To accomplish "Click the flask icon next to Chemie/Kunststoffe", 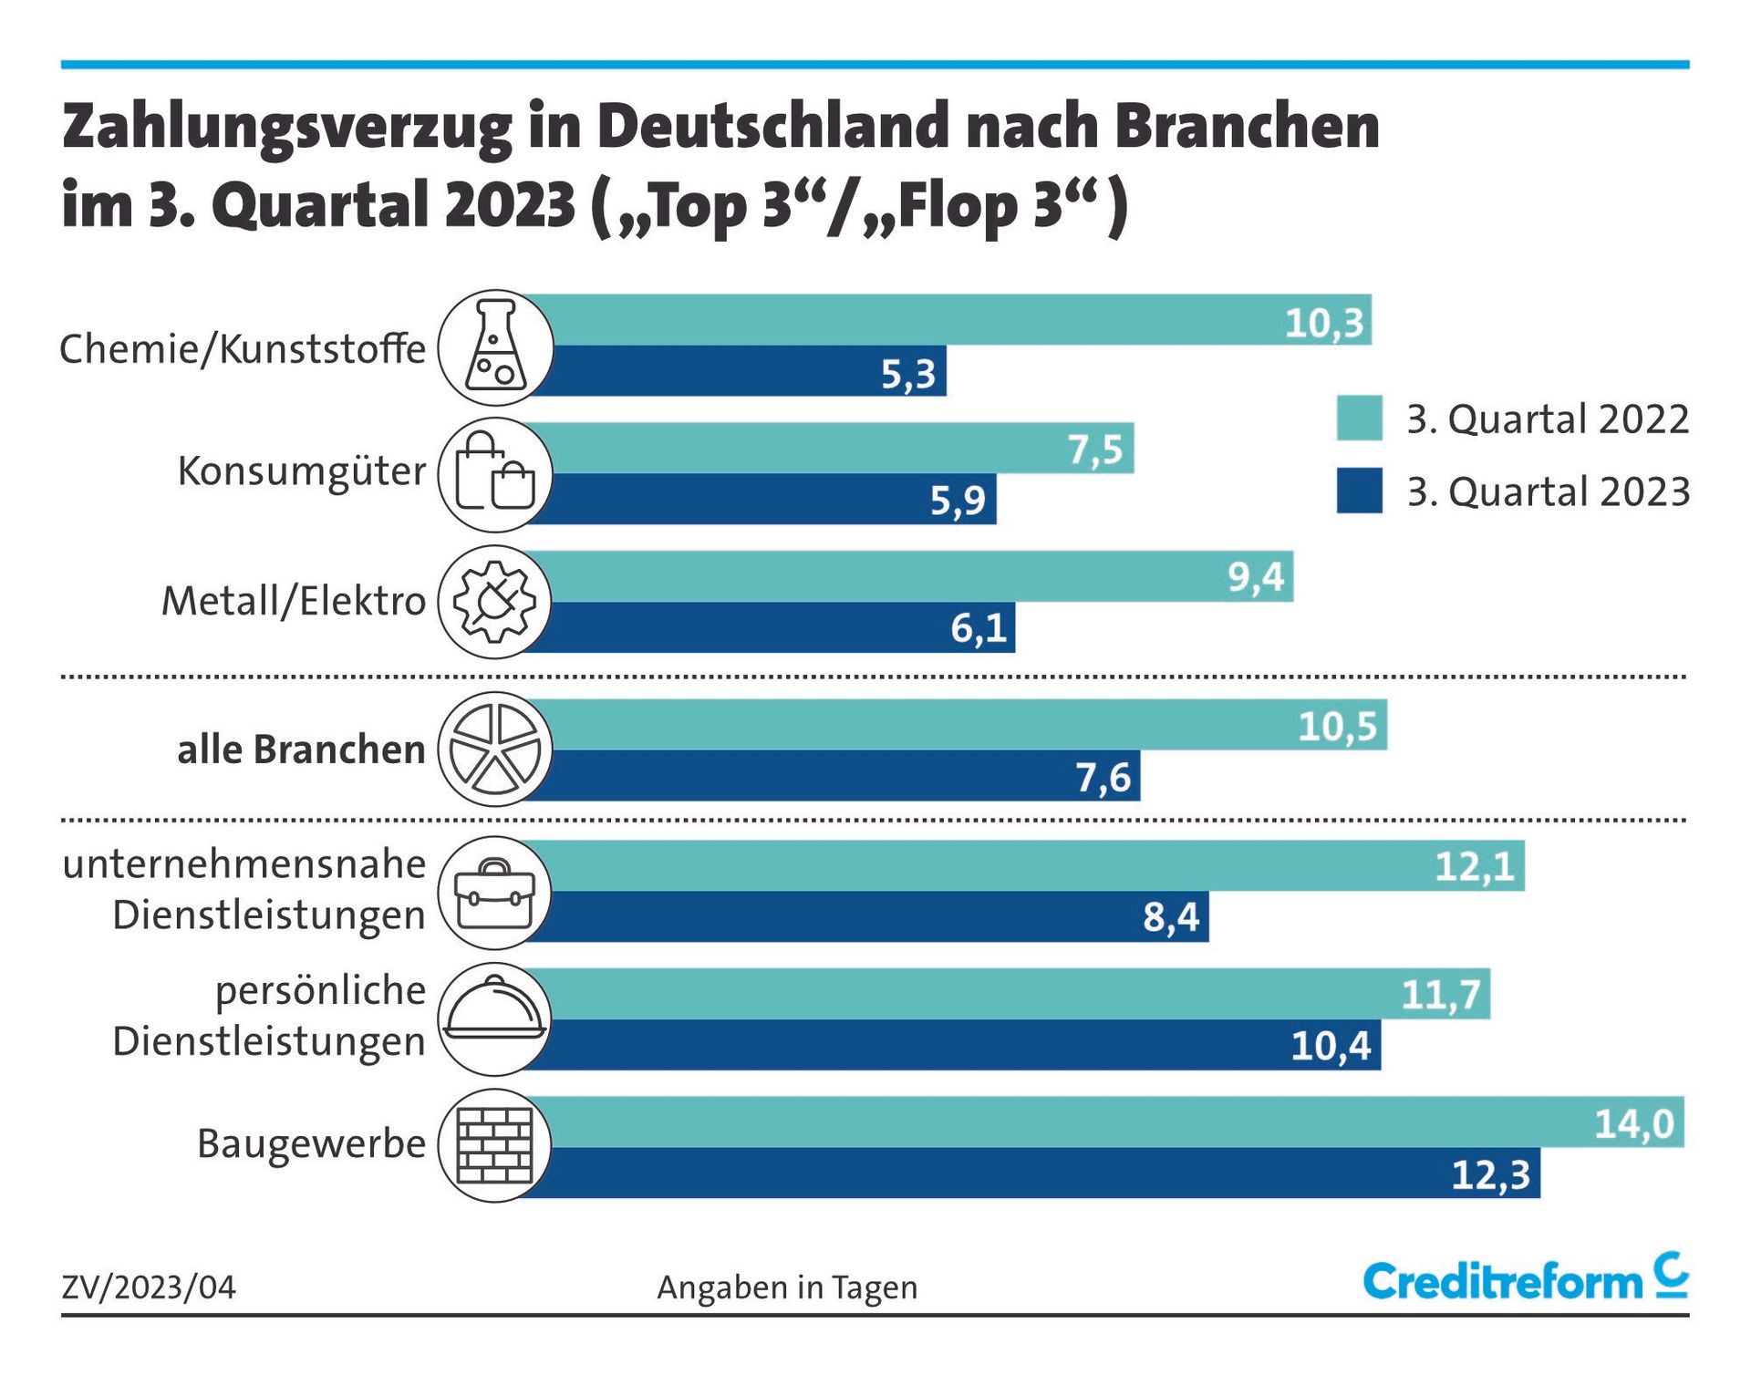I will tap(495, 347).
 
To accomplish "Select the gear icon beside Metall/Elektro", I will tap(495, 602).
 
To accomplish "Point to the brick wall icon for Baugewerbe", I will tap(495, 1145).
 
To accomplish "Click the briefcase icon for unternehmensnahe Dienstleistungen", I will tap(495, 894).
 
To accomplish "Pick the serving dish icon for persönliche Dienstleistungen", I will tap(495, 1018).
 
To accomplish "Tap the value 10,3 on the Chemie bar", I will tap(1323, 323).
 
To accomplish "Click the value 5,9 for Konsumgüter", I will tap(958, 500).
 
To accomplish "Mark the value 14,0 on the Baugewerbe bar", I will tap(1633, 1123).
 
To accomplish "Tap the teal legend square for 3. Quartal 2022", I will tap(1359, 419).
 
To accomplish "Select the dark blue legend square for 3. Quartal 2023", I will tap(1359, 491).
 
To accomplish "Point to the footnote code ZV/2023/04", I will tap(149, 1287).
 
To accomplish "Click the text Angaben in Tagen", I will tap(787, 1287).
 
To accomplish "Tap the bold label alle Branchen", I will tap(301, 750).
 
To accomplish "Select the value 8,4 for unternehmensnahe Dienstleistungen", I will tap(1171, 917).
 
